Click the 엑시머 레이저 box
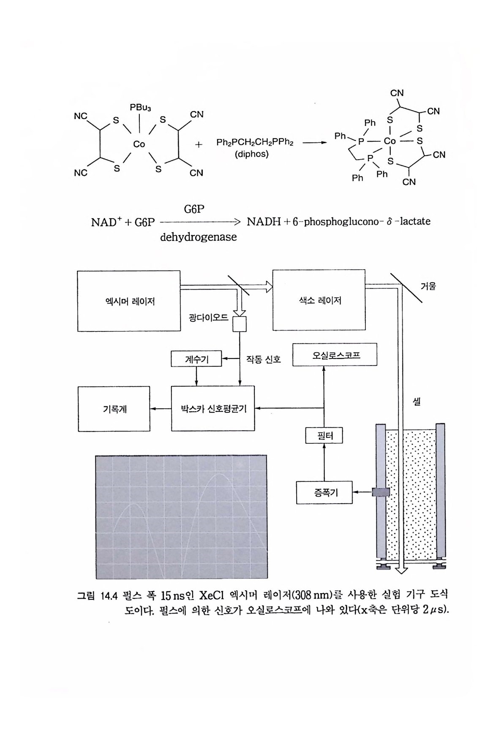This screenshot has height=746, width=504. (x=129, y=301)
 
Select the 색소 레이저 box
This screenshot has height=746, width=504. (x=319, y=300)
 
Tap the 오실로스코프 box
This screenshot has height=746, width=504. (x=335, y=355)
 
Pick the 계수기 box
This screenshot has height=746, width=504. (x=196, y=359)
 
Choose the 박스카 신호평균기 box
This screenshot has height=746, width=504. (x=213, y=408)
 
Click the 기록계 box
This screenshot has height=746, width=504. (x=114, y=409)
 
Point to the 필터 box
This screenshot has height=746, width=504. (x=324, y=435)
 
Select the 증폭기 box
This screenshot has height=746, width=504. (x=324, y=492)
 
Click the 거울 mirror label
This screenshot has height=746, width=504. (x=428, y=286)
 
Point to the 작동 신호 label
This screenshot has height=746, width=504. (x=263, y=359)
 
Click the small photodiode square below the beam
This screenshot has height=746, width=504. (x=240, y=324)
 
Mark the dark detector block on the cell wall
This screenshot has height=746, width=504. (x=380, y=492)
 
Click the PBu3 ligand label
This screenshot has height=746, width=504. (x=140, y=108)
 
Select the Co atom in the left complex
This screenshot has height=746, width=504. (x=139, y=144)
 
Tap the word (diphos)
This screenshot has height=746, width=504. (x=252, y=154)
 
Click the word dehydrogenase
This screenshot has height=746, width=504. (x=198, y=237)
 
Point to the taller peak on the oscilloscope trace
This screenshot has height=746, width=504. (x=221, y=474)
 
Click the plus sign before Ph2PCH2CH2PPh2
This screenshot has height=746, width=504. (x=199, y=144)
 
